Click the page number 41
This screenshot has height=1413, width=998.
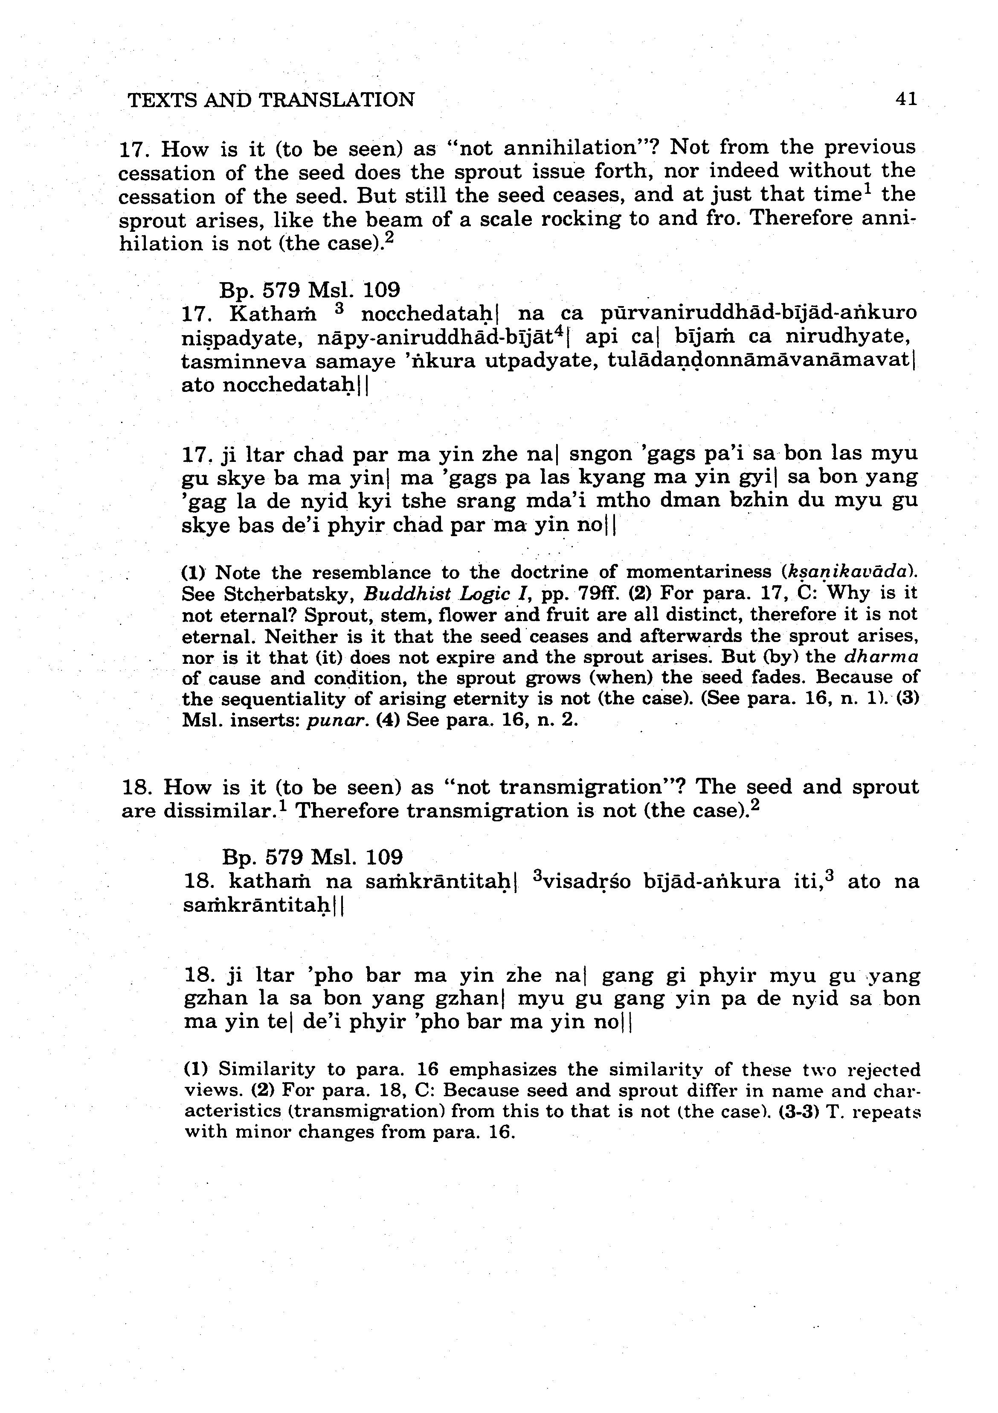tap(906, 99)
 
